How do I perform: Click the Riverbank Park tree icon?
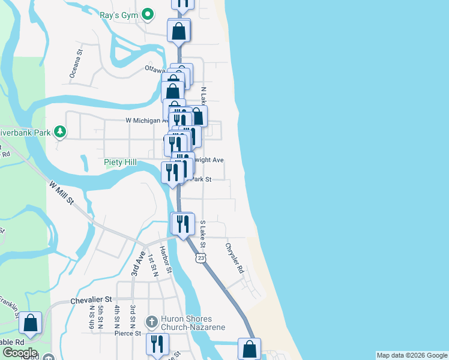point(59,131)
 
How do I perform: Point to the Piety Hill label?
point(120,162)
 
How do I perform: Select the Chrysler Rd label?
point(235,258)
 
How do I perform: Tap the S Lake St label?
point(203,235)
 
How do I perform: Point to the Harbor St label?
point(166,262)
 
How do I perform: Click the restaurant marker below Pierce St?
point(157,344)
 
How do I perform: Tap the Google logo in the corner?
point(19,353)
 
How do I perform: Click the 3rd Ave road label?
point(139,263)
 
